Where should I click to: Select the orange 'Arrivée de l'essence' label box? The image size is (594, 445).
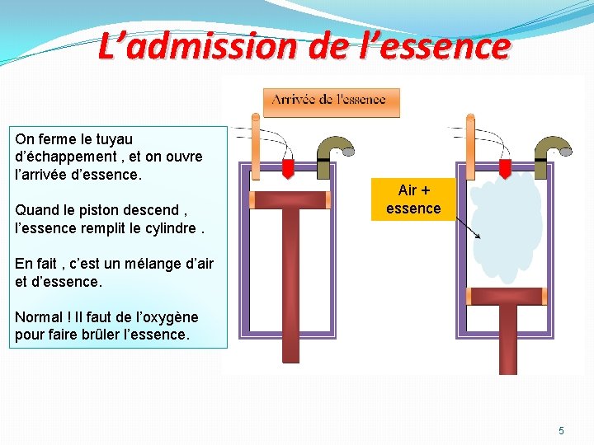pyautogui.click(x=331, y=101)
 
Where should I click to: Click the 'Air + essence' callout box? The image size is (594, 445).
pyautogui.click(x=412, y=199)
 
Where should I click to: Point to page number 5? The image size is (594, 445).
pyautogui.click(x=562, y=431)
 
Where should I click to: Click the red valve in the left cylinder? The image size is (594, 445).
pyautogui.click(x=288, y=168)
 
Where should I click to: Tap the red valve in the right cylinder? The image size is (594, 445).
pyautogui.click(x=502, y=168)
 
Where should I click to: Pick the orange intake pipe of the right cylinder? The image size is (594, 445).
pyautogui.click(x=469, y=148)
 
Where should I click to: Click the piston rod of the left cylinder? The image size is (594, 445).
pyautogui.click(x=290, y=280)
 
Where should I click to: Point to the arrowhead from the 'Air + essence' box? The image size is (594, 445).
pyautogui.click(x=479, y=237)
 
